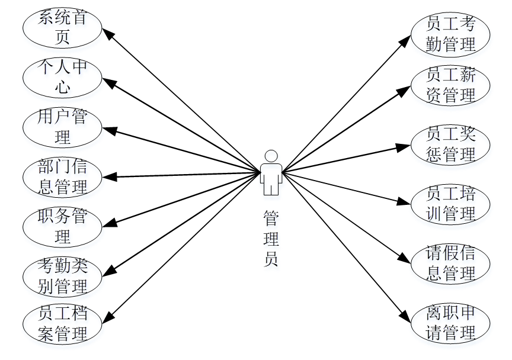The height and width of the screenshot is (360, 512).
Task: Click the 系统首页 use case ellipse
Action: coord(62,27)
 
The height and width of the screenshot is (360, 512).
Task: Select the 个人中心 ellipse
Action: coord(62,78)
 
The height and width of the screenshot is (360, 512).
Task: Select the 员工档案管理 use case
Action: coord(62,323)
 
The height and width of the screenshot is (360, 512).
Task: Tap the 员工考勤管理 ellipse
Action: coord(451,34)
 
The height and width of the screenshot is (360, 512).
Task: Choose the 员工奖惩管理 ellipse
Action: coord(451,144)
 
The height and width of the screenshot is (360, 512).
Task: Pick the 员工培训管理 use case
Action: coord(451,204)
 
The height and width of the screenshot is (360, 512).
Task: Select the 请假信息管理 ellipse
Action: coord(451,263)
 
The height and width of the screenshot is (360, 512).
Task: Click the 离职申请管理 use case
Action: coord(451,323)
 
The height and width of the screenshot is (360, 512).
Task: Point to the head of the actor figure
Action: coord(271,156)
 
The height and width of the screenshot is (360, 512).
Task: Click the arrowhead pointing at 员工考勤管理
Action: coord(407,38)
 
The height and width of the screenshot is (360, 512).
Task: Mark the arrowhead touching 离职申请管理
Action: coord(407,319)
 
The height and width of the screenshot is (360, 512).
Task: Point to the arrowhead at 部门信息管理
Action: coord(107,176)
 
